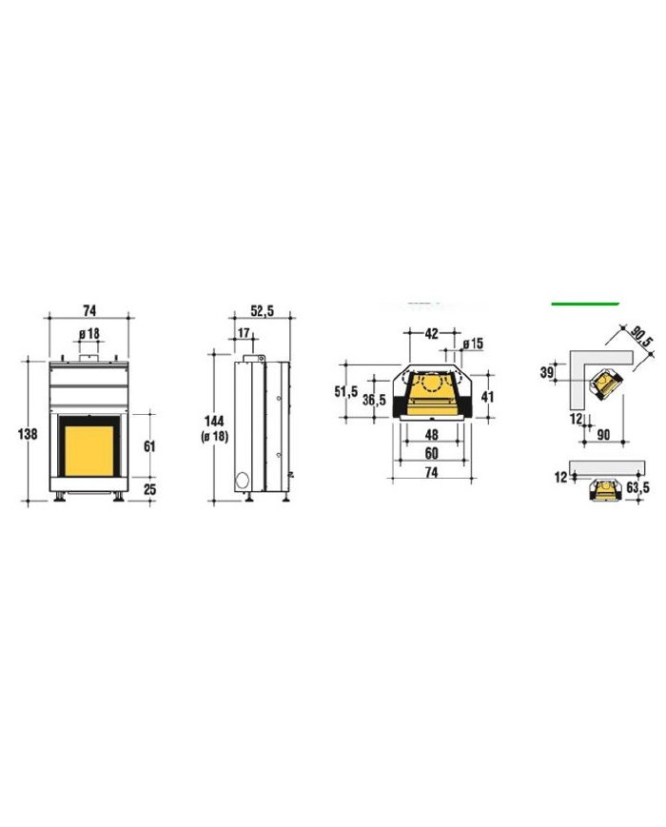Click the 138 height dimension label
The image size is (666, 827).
(28, 434)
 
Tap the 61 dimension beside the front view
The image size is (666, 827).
(149, 446)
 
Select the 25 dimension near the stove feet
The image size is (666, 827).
(149, 489)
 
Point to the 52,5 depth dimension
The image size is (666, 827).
(262, 311)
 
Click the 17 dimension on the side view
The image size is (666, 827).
(244, 333)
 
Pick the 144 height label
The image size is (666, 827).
(215, 421)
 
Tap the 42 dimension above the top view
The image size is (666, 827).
(431, 333)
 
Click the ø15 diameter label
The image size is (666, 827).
(473, 344)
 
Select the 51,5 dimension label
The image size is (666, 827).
(346, 392)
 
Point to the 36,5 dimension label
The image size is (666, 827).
(375, 400)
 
